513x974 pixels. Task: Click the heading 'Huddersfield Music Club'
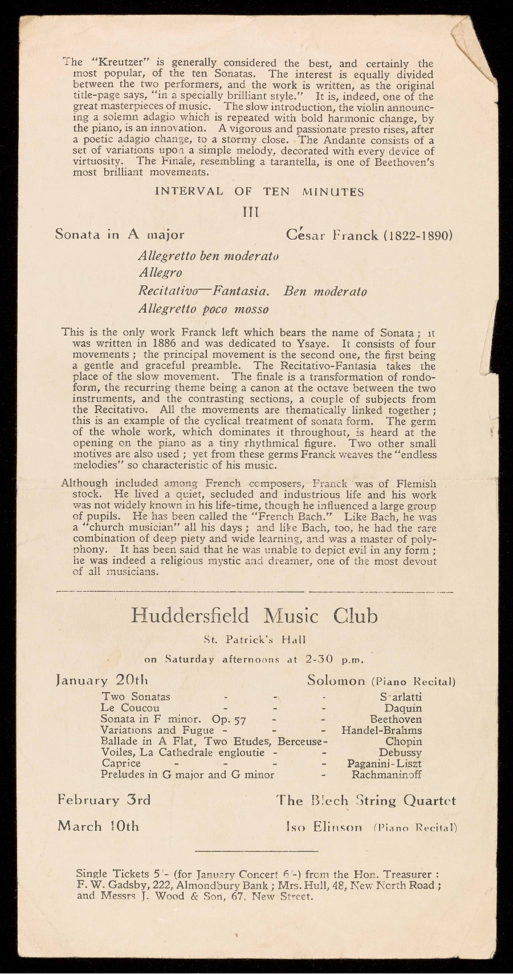254,616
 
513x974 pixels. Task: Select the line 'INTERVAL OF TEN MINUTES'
259,192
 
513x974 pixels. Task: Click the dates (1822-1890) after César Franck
418,235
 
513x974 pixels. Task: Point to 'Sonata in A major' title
120,235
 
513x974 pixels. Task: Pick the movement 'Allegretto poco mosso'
204,309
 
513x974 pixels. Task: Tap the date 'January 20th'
102,681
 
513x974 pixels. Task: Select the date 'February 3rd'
104,800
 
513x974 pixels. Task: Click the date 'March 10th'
99,826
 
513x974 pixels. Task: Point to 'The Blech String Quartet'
366,801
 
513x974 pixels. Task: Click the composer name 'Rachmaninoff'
386,775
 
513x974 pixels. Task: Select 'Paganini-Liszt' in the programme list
385,763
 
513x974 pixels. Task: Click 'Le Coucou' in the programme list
131,708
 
